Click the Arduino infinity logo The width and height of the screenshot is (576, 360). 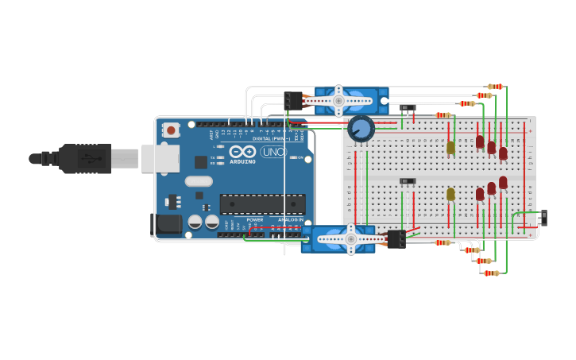click(x=242, y=151)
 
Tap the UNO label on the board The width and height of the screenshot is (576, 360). click(x=273, y=151)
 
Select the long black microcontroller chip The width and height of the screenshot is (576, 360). click(x=262, y=203)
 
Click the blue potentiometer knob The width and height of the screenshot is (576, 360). click(x=361, y=128)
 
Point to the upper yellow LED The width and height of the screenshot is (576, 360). click(x=450, y=147)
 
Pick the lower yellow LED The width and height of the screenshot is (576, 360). click(x=450, y=193)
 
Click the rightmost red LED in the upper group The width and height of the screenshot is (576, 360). click(x=503, y=153)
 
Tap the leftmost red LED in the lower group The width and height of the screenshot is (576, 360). click(x=480, y=193)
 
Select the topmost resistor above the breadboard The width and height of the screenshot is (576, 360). click(x=495, y=86)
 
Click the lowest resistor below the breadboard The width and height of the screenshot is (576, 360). click(x=491, y=273)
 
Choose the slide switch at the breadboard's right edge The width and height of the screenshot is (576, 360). click(x=543, y=217)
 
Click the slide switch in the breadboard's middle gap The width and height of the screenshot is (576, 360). click(x=408, y=181)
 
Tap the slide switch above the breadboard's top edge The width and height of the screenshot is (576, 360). click(x=408, y=107)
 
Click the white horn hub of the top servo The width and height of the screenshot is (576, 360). click(x=338, y=101)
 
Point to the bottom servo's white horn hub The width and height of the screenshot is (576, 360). click(x=350, y=238)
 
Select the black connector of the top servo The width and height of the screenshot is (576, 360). click(x=293, y=101)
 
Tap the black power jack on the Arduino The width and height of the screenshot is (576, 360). click(x=168, y=223)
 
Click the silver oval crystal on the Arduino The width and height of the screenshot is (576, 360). click(x=198, y=180)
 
